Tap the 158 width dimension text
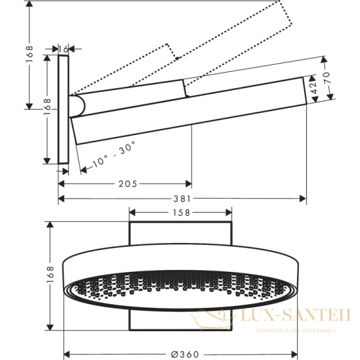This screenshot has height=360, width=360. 181,212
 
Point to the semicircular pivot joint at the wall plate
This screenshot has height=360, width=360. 78,106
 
